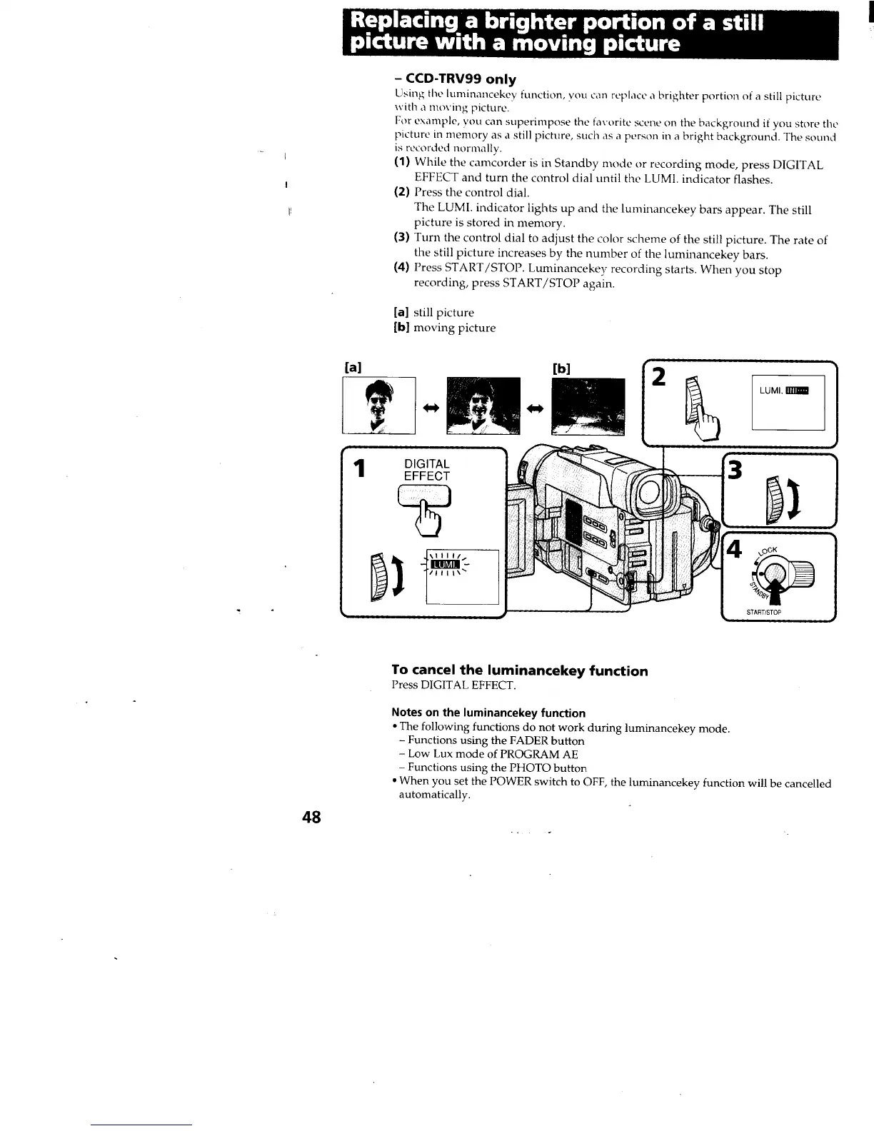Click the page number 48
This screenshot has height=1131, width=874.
[311, 817]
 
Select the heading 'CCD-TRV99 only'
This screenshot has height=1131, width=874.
[455, 79]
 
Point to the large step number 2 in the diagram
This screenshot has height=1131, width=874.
[659, 377]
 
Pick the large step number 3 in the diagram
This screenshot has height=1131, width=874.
[735, 471]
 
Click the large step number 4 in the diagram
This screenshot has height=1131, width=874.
[734, 551]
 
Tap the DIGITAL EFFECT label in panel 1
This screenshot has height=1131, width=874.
[427, 470]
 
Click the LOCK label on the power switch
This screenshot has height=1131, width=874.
[768, 551]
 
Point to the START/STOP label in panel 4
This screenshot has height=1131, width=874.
[764, 612]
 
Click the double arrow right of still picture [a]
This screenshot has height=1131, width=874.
[431, 408]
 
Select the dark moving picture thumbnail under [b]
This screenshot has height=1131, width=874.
[588, 406]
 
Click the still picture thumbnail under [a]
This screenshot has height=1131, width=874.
[378, 406]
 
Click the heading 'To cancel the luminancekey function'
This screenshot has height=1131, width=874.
[520, 670]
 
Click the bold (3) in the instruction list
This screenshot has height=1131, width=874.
[401, 240]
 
